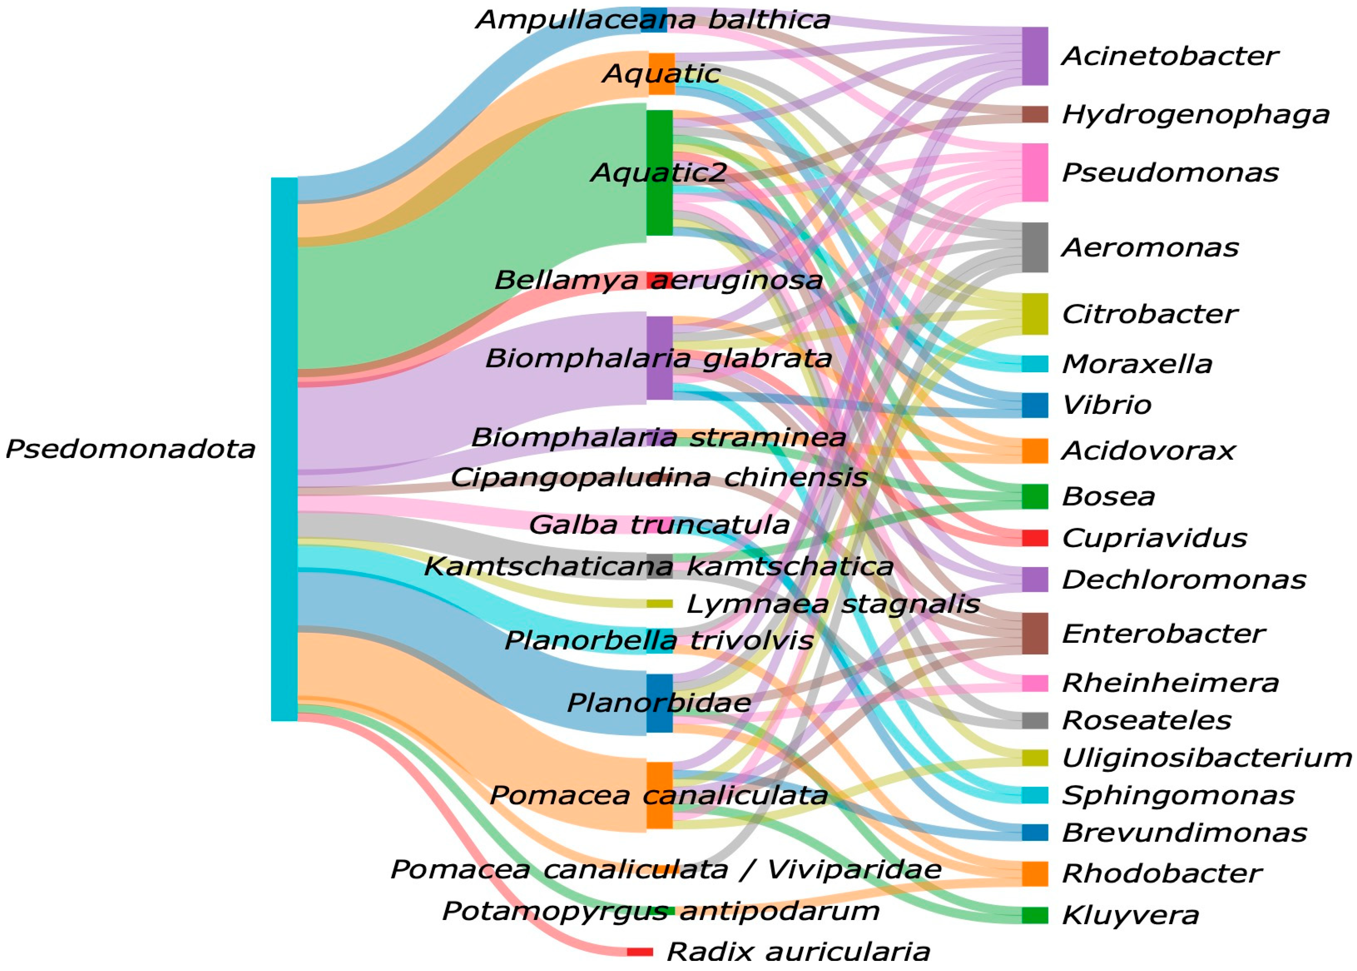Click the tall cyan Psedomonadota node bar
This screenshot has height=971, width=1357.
pyautogui.click(x=284, y=448)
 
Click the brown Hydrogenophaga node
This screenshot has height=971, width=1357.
pyautogui.click(x=1034, y=114)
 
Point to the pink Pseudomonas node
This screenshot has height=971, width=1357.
pyautogui.click(x=1034, y=172)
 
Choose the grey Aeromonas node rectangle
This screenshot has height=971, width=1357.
pyautogui.click(x=1034, y=247)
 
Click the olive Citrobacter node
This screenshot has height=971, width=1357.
pyautogui.click(x=1034, y=314)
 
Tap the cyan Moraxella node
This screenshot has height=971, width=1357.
pyautogui.click(x=1034, y=364)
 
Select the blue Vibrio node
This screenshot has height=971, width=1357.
pyautogui.click(x=1034, y=405)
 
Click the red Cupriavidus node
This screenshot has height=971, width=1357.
pyautogui.click(x=1034, y=538)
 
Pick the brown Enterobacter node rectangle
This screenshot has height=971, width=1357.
pyautogui.click(x=1034, y=633)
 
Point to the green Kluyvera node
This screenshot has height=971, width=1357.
pyautogui.click(x=1034, y=915)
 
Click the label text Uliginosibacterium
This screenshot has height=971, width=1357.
pyautogui.click(x=1206, y=757)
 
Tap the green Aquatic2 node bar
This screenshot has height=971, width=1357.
pyautogui.click(x=660, y=172)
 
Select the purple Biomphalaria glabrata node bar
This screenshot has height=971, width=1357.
pyautogui.click(x=660, y=358)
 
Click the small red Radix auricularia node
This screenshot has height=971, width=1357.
pyautogui.click(x=639, y=951)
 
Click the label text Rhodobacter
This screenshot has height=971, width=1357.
pyautogui.click(x=1162, y=873)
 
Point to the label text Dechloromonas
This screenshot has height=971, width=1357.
pyautogui.click(x=1183, y=579)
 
